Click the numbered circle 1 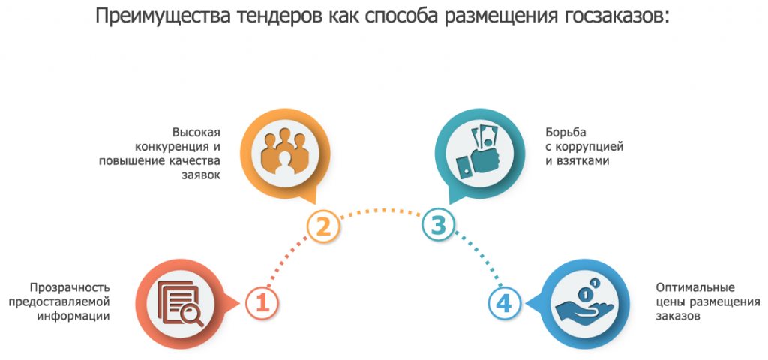pos(262,303)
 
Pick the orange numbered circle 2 pos(324,227)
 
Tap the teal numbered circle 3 pos(439,225)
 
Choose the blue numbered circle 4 pos(505,303)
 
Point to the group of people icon pos(283,151)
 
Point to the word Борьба pos(565,132)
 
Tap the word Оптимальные pos(695,287)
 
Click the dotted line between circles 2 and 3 pos(381,211)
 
